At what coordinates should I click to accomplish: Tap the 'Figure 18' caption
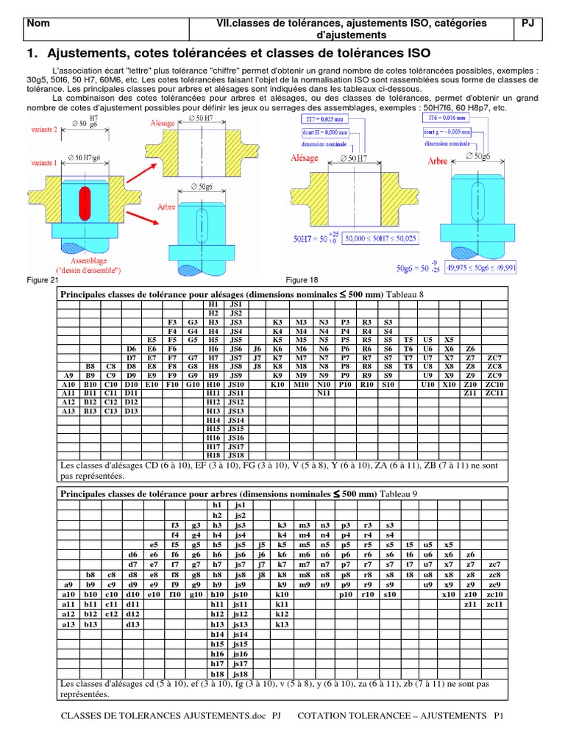tap(302, 280)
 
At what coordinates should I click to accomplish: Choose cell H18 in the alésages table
tap(214, 456)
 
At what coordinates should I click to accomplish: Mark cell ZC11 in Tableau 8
tap(494, 393)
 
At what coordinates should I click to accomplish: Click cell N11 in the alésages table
tap(323, 393)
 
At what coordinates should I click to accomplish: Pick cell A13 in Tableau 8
tap(69, 411)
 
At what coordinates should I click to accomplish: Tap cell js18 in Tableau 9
tap(238, 674)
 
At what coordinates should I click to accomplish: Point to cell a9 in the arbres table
tap(69, 585)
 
